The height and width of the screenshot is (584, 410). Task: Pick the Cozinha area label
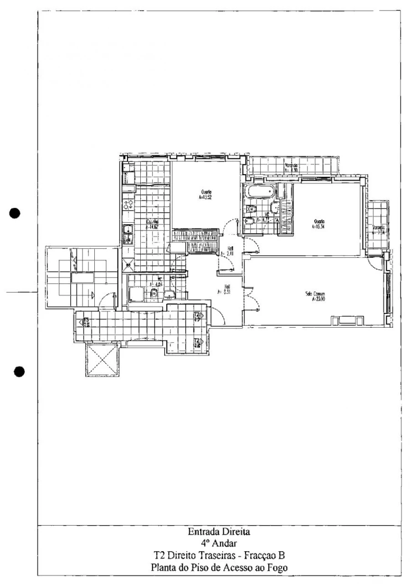click(152, 224)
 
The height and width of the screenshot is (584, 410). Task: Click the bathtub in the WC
click(259, 192)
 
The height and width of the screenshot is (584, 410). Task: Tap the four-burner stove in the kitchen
click(128, 204)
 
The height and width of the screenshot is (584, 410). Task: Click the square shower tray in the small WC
click(137, 294)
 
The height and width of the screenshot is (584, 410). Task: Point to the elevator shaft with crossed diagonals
click(101, 360)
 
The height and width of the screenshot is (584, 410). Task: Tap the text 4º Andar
click(219, 543)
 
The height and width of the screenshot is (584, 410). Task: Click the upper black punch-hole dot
click(15, 213)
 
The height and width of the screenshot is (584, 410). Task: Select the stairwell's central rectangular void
click(82, 278)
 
